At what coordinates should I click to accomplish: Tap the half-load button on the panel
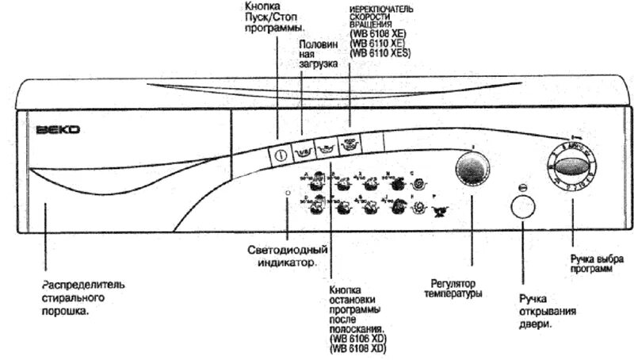[302, 147]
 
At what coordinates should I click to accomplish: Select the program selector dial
[572, 167]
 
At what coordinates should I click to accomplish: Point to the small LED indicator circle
[288, 193]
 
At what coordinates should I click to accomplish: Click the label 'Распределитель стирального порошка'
[82, 297]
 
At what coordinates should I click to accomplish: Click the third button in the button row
[325, 147]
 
